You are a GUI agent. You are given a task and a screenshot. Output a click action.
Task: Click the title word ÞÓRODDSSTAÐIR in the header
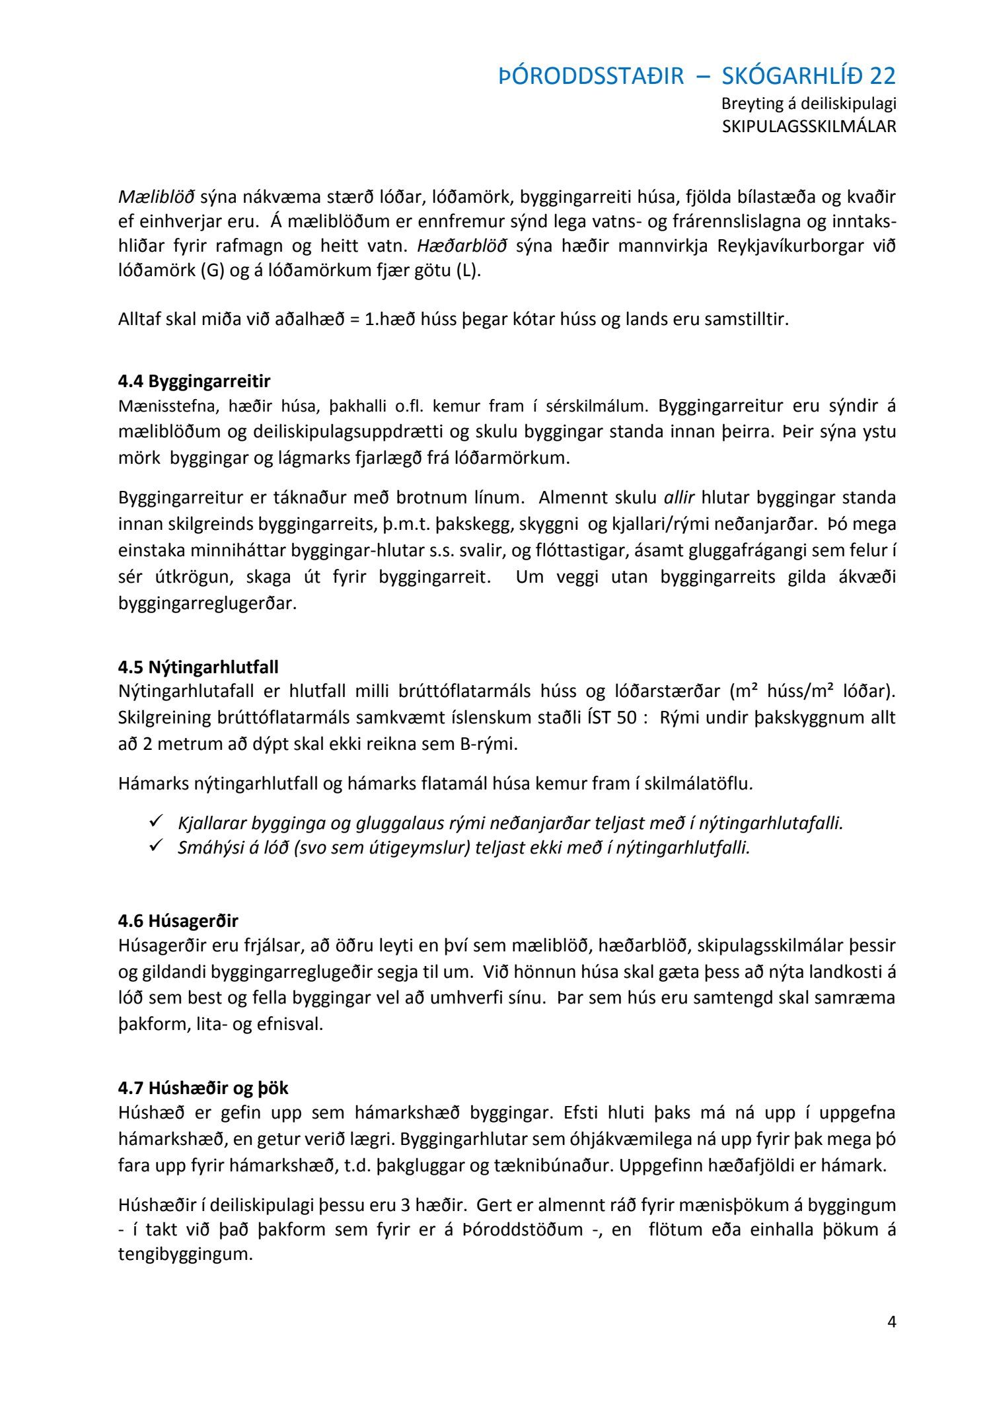click(591, 77)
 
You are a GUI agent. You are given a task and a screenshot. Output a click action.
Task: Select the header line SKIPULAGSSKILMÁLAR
click(809, 126)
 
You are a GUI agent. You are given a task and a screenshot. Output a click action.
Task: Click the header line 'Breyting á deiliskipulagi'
click(809, 104)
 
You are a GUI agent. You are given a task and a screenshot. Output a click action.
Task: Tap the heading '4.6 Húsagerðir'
click(178, 920)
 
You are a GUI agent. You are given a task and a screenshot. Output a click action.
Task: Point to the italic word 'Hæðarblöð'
click(462, 246)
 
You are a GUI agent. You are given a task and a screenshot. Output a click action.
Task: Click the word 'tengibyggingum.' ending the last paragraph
click(186, 1254)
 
